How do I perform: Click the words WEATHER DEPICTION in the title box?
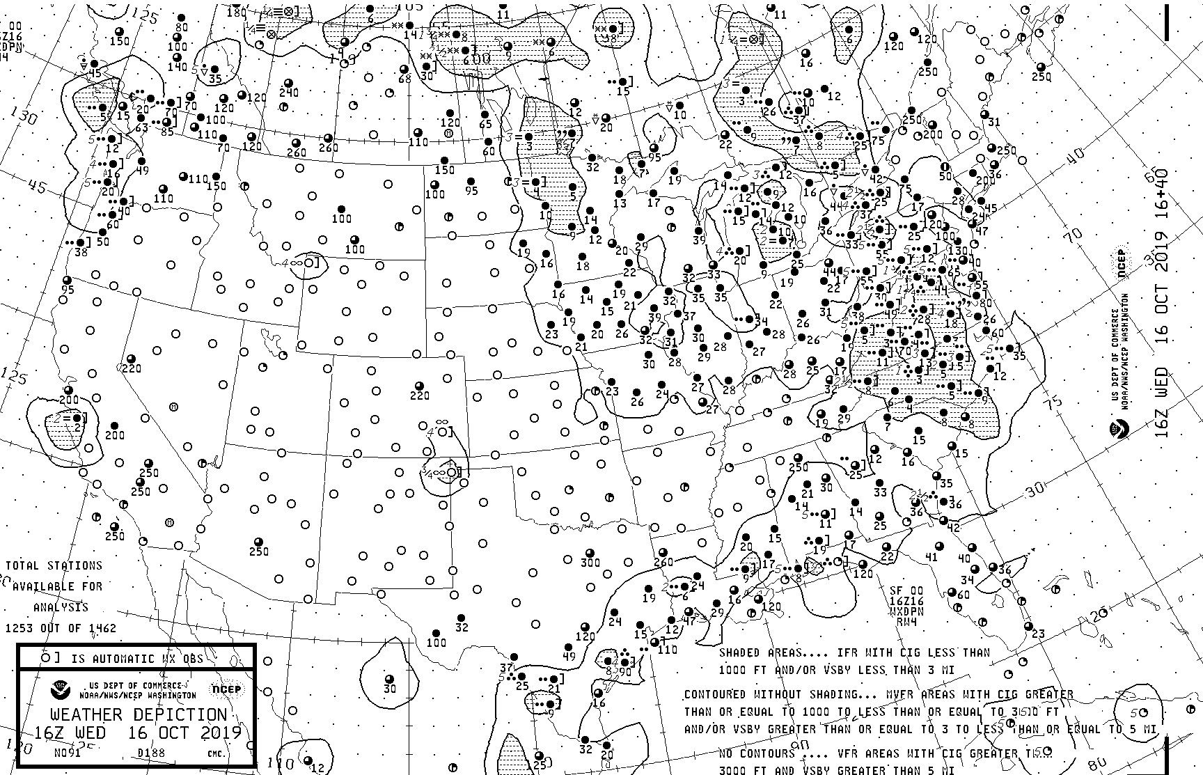click(x=139, y=715)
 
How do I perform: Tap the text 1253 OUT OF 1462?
click(x=61, y=628)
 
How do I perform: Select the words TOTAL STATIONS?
click(x=54, y=565)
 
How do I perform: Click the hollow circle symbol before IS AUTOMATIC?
click(x=45, y=657)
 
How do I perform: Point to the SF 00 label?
click(x=906, y=590)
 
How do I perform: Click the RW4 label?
click(x=906, y=622)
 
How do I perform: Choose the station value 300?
click(x=590, y=562)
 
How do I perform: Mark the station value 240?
click(x=289, y=92)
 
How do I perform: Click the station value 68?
click(x=404, y=79)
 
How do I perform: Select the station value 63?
click(x=142, y=128)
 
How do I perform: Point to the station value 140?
click(x=178, y=67)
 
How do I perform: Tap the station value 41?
click(x=931, y=556)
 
